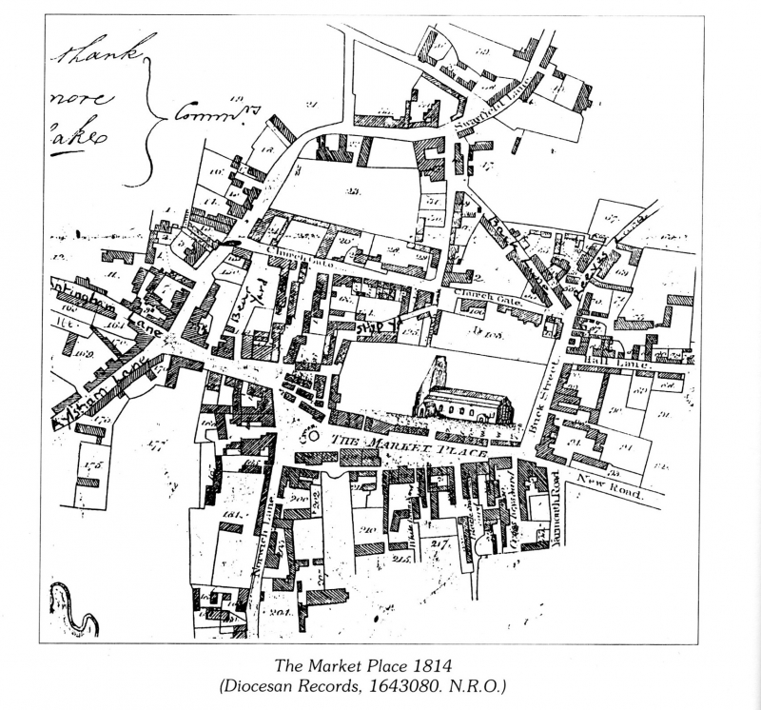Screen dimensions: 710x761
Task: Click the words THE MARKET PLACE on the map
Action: [x=409, y=447]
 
